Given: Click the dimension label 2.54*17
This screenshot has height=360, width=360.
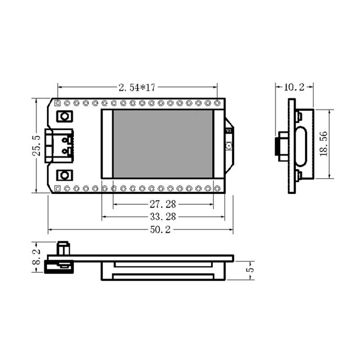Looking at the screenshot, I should (x=137, y=88).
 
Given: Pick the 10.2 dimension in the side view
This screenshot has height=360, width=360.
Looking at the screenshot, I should (x=294, y=87).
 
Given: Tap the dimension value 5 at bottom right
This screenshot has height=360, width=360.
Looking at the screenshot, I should (x=251, y=270).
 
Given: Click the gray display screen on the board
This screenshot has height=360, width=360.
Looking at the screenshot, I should (x=163, y=144).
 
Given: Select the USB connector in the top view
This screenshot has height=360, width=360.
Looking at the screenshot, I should (x=59, y=145).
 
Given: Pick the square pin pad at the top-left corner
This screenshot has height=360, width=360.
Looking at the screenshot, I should (x=57, y=103).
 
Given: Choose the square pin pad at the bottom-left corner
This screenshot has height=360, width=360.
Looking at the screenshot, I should (x=57, y=188).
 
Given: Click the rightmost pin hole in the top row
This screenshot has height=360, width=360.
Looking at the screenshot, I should (x=217, y=103).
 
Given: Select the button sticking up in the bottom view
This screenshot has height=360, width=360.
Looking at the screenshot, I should (x=63, y=248).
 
